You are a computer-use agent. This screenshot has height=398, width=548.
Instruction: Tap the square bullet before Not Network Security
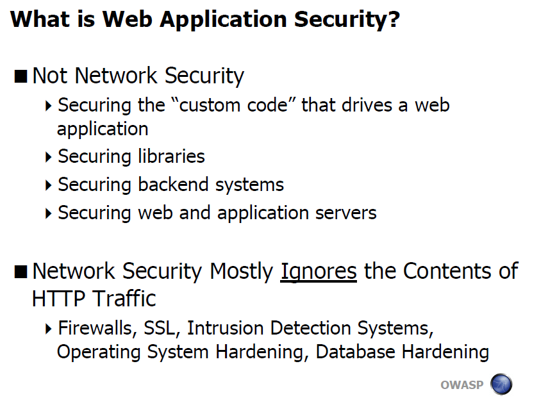click(21, 76)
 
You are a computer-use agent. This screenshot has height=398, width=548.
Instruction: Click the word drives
click(367, 105)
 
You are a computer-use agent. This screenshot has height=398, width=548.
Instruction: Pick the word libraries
click(171, 156)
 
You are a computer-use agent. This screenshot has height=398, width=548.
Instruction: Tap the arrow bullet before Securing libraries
click(49, 157)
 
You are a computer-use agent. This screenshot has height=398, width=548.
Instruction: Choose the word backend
click(173, 184)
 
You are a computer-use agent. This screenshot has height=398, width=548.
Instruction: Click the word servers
click(345, 213)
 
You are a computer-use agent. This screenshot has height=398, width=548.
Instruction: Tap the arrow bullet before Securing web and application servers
click(49, 213)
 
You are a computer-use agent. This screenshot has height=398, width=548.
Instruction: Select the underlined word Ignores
click(319, 272)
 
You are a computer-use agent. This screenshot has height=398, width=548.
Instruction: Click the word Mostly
click(241, 272)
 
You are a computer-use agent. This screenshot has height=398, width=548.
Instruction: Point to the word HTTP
click(58, 299)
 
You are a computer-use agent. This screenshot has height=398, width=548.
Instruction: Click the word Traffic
click(124, 299)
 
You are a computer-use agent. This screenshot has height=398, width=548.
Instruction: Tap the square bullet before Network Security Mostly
click(21, 272)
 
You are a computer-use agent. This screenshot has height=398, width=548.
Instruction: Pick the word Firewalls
click(95, 329)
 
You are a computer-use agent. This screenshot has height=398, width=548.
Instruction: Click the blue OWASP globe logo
click(501, 385)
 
